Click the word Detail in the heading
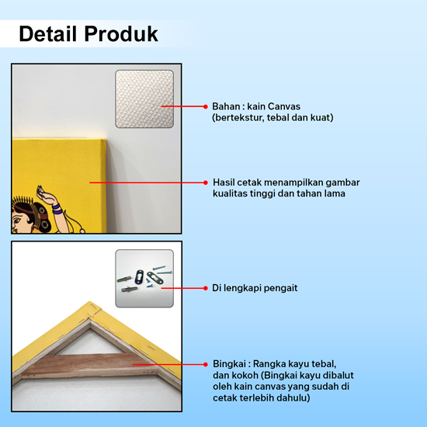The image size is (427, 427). click(47, 33)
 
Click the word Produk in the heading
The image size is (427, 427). click(121, 33)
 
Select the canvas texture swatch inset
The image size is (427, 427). click(144, 99)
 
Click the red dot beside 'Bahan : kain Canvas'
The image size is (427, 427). click(206, 106)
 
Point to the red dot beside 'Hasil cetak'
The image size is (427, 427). click(206, 182)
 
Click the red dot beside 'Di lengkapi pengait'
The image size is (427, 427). click(206, 288)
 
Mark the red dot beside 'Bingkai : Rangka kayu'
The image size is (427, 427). click(206, 364)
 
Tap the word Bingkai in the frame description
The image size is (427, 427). click(229, 364)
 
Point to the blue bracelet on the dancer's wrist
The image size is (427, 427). click(57, 209)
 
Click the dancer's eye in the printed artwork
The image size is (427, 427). click(18, 220)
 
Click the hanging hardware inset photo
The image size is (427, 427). click(144, 278)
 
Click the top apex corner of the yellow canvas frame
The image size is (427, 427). click(90, 301)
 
